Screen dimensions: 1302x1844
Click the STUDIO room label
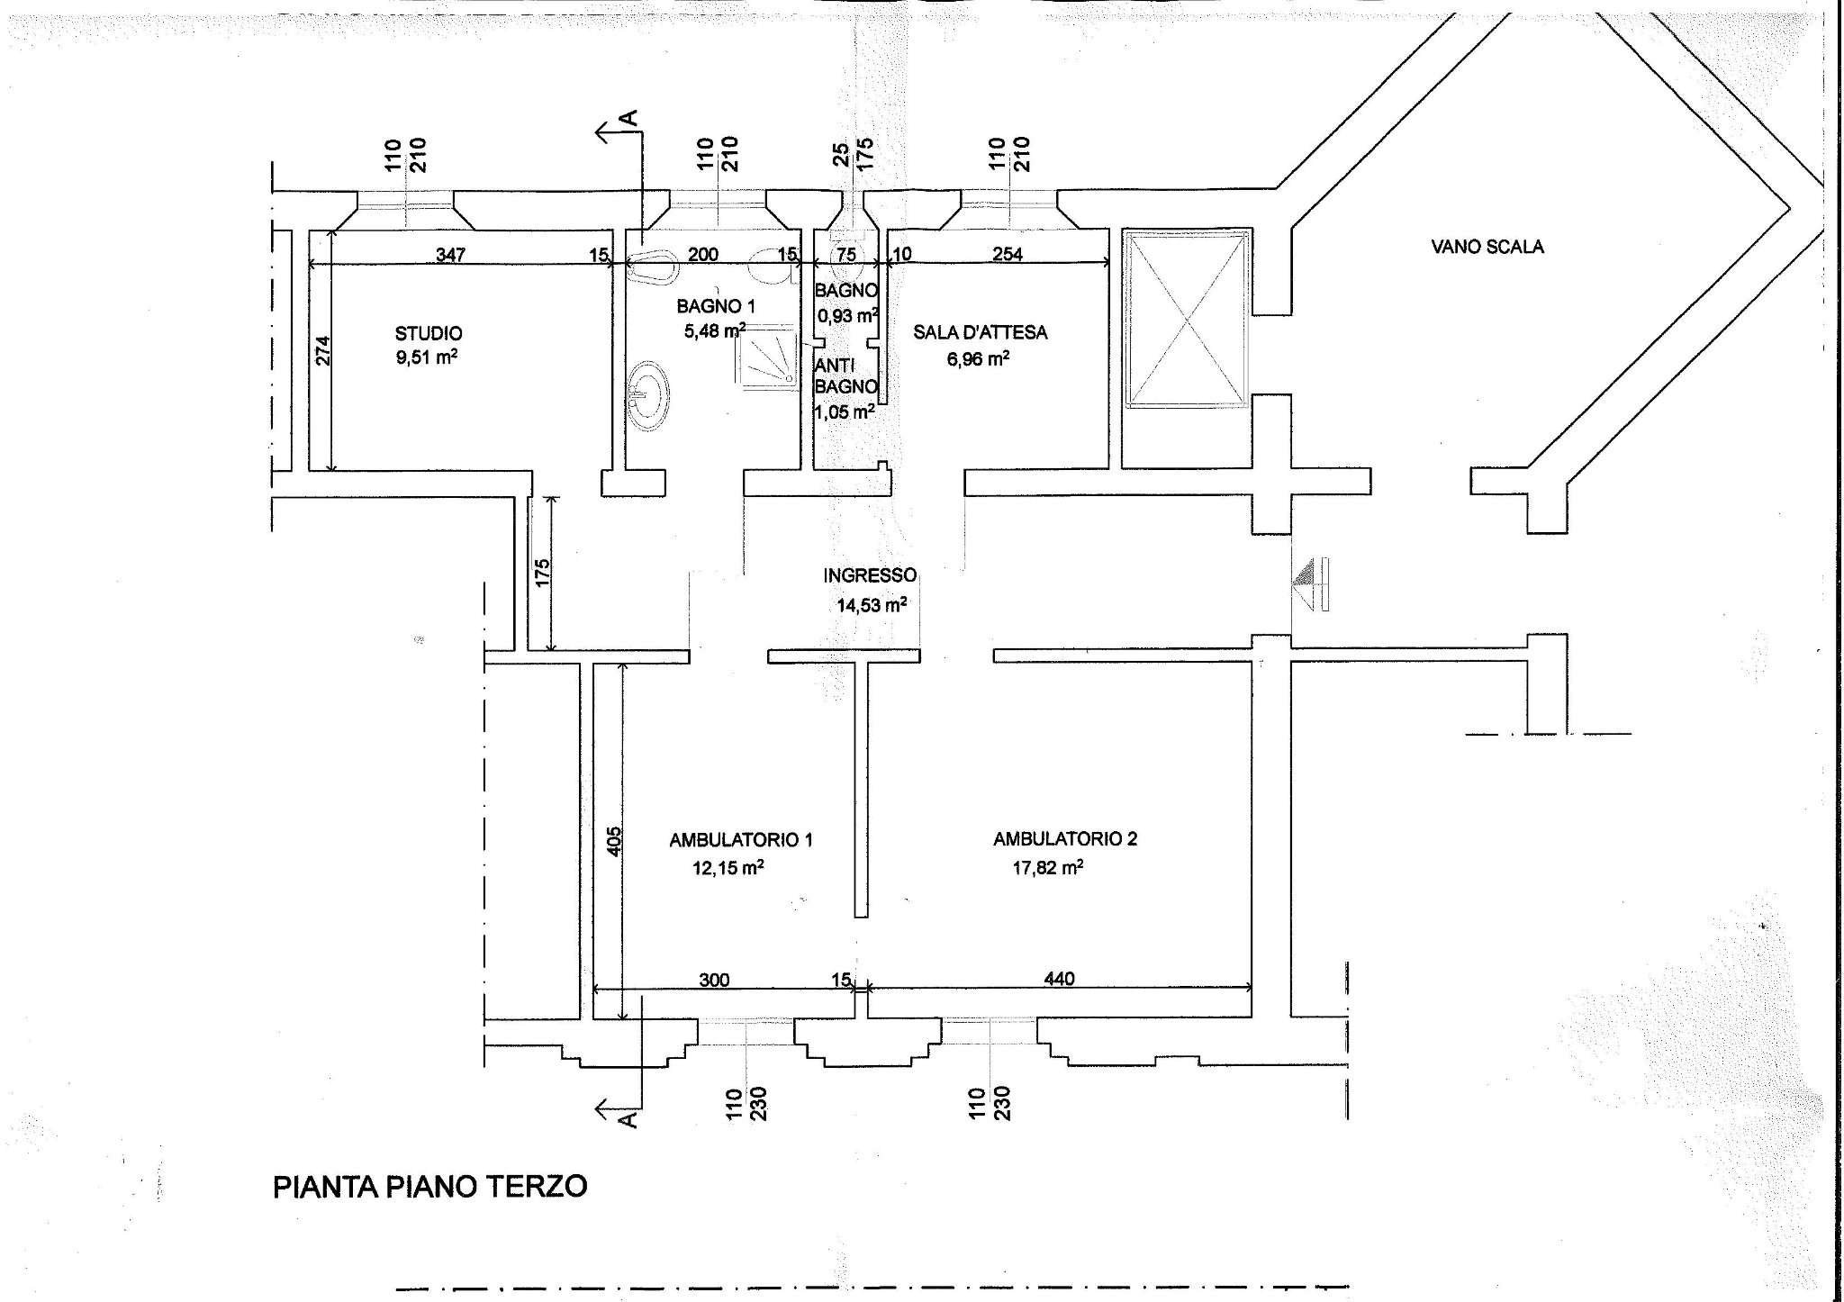[429, 333]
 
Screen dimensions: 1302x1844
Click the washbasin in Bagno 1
[648, 394]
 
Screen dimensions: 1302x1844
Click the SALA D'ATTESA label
[980, 332]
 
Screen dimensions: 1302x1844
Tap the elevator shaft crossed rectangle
[1187, 321]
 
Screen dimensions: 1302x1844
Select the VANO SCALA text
[1487, 247]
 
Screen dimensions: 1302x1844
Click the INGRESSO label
[869, 575]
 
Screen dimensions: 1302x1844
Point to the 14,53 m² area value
[871, 605]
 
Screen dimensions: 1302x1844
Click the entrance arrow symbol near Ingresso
[1310, 584]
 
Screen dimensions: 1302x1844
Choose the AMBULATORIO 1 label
[740, 840]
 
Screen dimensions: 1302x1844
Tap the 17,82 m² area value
[1047, 868]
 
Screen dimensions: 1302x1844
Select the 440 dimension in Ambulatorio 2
[1059, 979]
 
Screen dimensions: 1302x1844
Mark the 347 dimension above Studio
[450, 255]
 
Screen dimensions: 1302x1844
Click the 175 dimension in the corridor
[542, 573]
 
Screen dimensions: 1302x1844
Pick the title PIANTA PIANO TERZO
[429, 1186]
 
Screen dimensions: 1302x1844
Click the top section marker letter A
[630, 118]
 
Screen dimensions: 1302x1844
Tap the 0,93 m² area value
[846, 316]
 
